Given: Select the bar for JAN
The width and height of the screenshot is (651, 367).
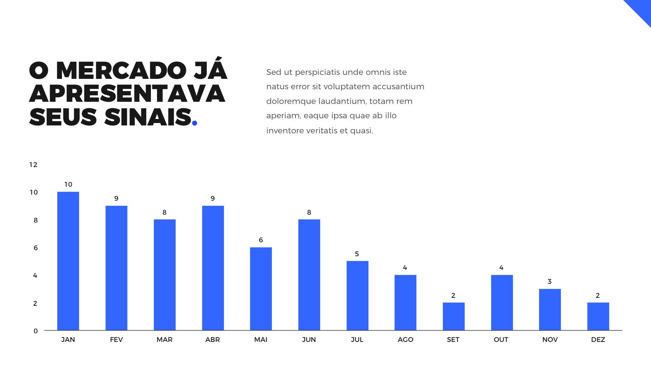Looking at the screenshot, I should point(68,261).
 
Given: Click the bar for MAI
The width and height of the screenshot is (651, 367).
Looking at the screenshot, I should point(261,289).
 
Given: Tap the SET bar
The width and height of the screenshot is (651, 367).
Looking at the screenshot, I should point(454,316).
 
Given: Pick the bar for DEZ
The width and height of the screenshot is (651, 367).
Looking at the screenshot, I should point(598,316).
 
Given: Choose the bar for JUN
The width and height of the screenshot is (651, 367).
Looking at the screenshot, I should point(309,275).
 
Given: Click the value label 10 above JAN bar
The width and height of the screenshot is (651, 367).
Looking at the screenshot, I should point(68,185).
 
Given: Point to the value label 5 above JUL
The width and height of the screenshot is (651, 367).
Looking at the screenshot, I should point(357,254).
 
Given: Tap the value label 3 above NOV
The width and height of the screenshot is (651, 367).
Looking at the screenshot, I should point(550,282).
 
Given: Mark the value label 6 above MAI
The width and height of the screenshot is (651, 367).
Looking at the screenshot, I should point(261,240).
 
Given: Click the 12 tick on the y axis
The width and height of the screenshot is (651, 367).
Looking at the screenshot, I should point(33,165).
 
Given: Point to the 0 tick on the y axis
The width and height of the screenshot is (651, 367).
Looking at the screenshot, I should point(35,331).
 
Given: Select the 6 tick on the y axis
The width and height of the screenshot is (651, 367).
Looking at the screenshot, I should point(35,248).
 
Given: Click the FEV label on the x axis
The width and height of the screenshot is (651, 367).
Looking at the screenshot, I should point(116,340).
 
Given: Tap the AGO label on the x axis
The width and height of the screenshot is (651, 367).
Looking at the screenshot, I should point(405,340).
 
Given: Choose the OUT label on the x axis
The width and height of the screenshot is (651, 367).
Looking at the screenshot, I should point(501,340).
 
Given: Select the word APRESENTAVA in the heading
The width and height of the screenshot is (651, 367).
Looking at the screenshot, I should point(127,94).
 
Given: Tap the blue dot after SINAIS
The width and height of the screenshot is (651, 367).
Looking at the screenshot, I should point(195,123).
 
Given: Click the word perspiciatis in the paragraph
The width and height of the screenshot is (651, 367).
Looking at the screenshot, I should point(320,72).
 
